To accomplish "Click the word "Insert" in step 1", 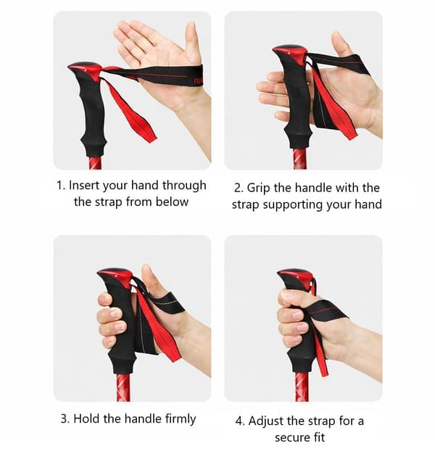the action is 84,186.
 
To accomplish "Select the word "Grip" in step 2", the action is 259,188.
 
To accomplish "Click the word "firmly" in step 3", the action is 181,419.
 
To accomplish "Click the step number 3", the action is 65,419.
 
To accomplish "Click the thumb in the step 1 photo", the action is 191,41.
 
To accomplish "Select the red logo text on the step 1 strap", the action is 199,80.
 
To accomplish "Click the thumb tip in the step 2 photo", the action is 337,38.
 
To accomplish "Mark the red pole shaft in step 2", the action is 299,159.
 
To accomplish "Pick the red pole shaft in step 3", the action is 123,388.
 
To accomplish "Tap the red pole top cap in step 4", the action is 296,276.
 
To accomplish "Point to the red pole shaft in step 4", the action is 302,386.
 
